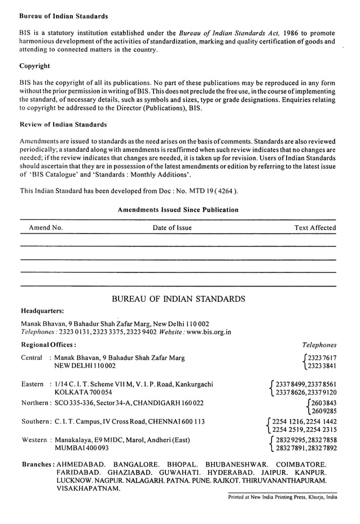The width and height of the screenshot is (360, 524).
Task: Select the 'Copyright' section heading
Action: pyautogui.click(x=35, y=66)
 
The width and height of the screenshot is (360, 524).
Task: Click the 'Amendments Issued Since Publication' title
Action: pyautogui.click(x=178, y=210)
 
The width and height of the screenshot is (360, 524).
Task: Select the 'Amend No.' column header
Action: pyautogui.click(x=46, y=228)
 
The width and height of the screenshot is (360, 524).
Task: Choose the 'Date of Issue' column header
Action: pyautogui.click(x=172, y=228)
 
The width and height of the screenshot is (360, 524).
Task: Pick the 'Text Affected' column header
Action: pyautogui.click(x=315, y=228)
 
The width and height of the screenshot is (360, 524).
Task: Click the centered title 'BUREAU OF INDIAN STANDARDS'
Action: pyautogui.click(x=178, y=299)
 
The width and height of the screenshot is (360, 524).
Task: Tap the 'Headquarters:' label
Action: pyautogui.click(x=42, y=311)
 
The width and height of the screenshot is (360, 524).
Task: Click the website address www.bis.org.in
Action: pyautogui.click(x=208, y=332)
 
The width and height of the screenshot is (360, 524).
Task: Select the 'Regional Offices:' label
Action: pyautogui.click(x=49, y=345)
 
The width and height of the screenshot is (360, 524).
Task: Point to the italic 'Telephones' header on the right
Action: pyautogui.click(x=319, y=345)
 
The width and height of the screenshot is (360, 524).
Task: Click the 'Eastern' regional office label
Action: pyautogui.click(x=32, y=384)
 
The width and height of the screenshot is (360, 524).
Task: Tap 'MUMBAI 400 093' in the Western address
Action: pyautogui.click(x=81, y=448)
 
